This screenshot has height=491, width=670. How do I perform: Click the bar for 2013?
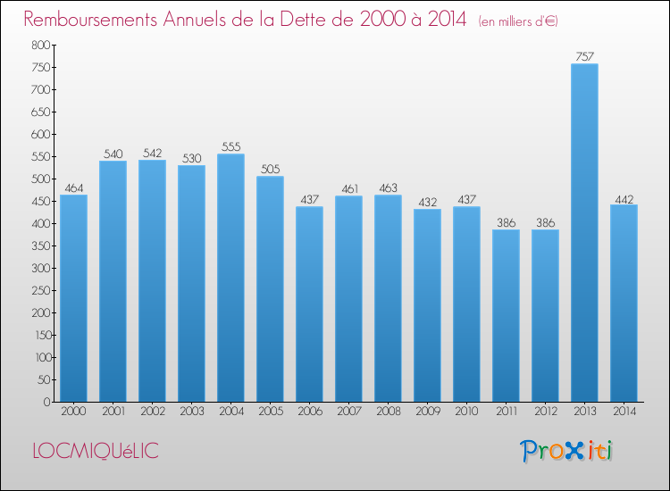click(584, 233)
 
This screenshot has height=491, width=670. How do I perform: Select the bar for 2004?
click(230, 278)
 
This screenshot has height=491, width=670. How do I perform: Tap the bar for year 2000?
click(73, 298)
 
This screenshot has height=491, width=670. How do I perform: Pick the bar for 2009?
click(427, 305)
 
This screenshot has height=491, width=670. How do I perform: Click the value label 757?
click(584, 56)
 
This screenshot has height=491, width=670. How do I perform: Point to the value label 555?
click(230, 146)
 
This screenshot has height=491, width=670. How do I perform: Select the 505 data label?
click(270, 169)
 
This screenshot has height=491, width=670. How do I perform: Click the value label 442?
click(624, 199)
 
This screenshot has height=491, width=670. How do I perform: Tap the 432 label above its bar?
click(427, 202)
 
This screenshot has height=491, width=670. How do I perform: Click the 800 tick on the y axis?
click(40, 45)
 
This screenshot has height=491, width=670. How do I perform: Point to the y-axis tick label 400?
click(40, 223)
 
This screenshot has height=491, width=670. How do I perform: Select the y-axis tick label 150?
click(42, 335)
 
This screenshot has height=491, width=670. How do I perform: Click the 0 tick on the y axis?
click(46, 402)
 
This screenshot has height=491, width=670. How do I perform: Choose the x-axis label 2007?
click(348, 412)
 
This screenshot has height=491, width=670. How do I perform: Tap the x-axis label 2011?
click(506, 412)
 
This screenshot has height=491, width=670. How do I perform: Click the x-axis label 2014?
click(624, 412)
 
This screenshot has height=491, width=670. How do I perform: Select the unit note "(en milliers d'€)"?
click(518, 21)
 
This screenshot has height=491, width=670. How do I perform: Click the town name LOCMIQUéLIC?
click(96, 451)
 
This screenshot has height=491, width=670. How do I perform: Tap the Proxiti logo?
click(566, 451)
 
